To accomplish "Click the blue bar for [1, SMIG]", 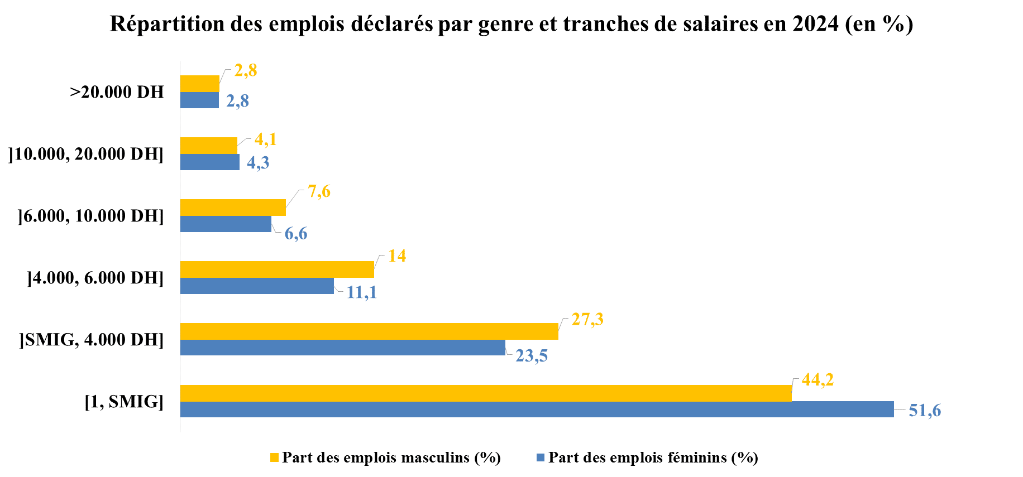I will (536, 409).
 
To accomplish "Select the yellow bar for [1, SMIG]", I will (486, 393).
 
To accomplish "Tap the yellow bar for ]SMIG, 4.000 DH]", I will (369, 331).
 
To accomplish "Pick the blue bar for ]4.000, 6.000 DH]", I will (257, 286).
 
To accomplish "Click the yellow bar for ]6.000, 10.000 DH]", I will (233, 208).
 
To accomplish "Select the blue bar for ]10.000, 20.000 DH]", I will (209, 162).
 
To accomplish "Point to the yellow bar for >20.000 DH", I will (199, 84).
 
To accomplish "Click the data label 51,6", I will (925, 411).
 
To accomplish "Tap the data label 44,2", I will (818, 380).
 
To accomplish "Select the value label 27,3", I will (587, 319).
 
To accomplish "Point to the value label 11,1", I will (362, 292).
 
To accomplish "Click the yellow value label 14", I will (397, 256).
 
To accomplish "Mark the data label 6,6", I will (296, 234).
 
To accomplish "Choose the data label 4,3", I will (258, 163).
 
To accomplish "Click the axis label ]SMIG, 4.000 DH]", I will (92, 339).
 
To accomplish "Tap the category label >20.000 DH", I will (117, 92).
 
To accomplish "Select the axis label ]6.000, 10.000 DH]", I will (91, 216).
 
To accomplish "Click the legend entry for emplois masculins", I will (391, 457).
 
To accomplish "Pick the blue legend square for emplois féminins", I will (540, 457).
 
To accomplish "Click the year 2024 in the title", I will (815, 24).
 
